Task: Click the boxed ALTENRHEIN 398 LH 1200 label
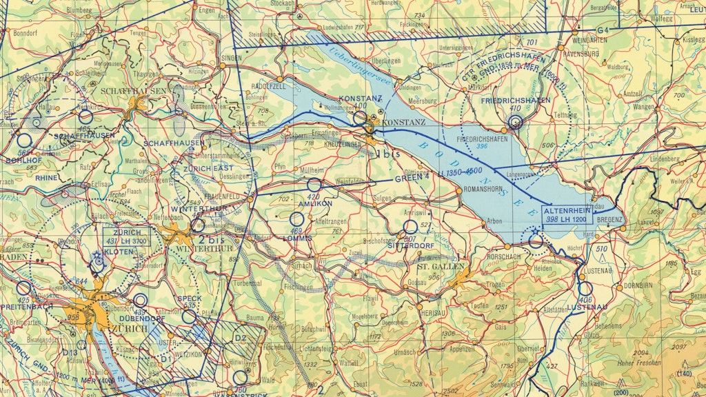(x=566, y=214)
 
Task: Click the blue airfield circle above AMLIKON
(x=314, y=185)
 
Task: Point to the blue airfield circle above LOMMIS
(x=297, y=218)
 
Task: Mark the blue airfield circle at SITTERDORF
(x=410, y=227)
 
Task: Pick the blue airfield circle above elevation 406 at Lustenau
(x=585, y=289)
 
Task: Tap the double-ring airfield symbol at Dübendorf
(x=141, y=300)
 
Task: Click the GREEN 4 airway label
(x=412, y=179)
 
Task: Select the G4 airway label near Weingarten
(x=603, y=30)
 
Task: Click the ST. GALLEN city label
(x=436, y=265)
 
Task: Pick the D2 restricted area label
(x=240, y=338)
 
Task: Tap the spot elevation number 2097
(x=680, y=346)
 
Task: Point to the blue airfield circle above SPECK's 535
(x=189, y=316)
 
